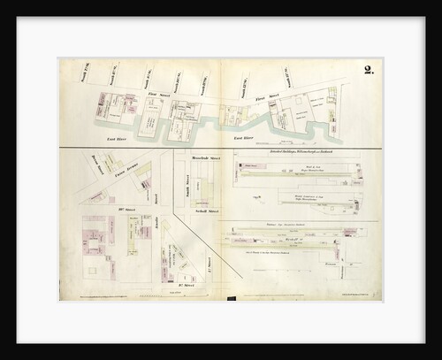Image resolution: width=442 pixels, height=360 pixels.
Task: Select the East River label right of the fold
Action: tap(243, 138)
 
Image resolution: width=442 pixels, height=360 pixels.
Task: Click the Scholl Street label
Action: tap(206, 212)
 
